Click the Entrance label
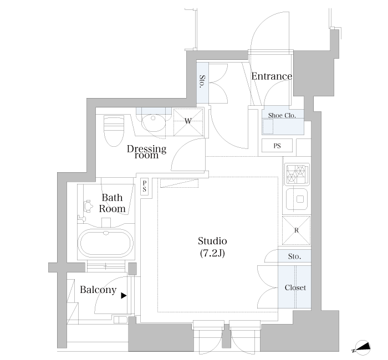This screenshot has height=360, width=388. (272, 76)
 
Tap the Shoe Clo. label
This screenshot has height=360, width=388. (282, 115)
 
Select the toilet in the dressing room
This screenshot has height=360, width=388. (114, 131)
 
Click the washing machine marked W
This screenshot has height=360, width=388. (188, 122)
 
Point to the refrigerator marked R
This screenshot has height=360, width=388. (296, 230)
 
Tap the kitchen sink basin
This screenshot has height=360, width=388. (297, 199)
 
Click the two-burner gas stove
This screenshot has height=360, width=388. (297, 174)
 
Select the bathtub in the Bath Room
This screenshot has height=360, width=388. (106, 243)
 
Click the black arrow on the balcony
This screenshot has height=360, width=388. (124, 296)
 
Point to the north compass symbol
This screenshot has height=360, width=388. (362, 347)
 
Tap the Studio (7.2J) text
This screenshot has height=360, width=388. (212, 247)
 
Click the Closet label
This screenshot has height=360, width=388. (295, 287)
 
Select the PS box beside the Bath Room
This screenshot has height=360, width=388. (145, 187)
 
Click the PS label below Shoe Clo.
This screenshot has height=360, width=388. (277, 146)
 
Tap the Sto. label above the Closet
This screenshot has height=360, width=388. (294, 256)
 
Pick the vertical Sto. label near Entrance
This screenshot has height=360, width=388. (202, 81)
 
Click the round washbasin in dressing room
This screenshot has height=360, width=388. (153, 122)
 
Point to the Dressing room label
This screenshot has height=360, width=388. (146, 152)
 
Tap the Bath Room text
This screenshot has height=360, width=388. (113, 203)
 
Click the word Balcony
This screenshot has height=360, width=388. (98, 290)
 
